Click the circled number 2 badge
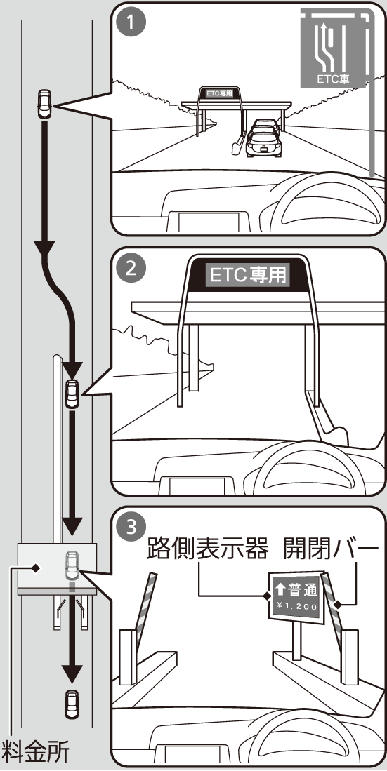pos(131,269)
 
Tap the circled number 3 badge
pos(131,528)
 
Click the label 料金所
pos(36,752)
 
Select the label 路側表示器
pos(208,549)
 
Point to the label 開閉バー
pos(331,549)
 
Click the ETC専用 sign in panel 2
pos(248,275)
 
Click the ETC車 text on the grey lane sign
pos(334,79)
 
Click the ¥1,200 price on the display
pos(296,606)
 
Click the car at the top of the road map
pos(44,104)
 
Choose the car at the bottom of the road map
pos(72,704)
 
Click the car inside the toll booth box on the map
pos(72,566)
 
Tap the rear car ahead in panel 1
pos(264,142)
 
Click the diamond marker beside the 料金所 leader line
pos(35,568)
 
